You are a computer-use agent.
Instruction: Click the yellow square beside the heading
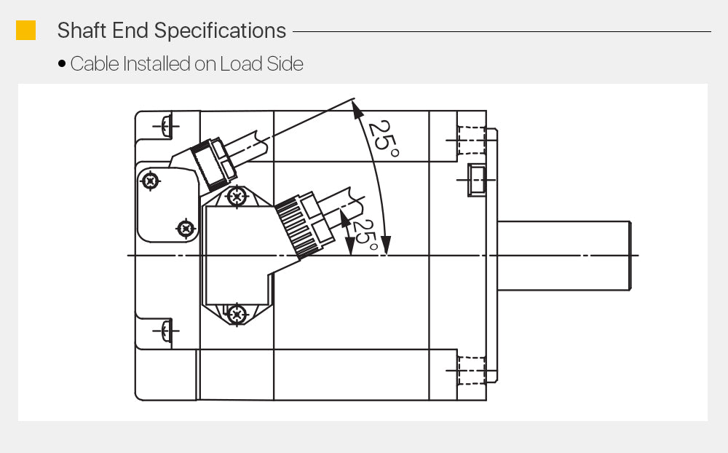(25, 30)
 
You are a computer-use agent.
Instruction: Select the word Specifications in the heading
(220, 31)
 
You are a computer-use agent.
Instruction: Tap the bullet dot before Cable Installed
(62, 63)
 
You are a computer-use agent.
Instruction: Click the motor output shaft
(564, 256)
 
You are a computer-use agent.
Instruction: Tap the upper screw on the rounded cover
(150, 181)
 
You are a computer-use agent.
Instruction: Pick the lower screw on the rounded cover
(186, 228)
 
